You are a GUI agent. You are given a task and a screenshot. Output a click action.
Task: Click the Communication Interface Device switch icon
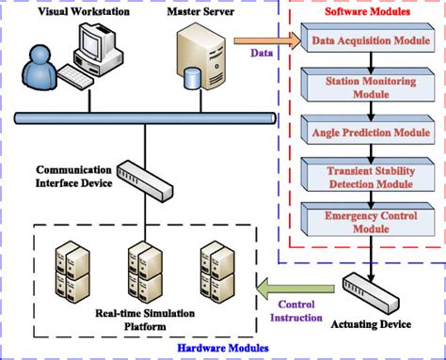(151, 176)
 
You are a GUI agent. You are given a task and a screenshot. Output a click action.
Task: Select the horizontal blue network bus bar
(141, 118)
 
